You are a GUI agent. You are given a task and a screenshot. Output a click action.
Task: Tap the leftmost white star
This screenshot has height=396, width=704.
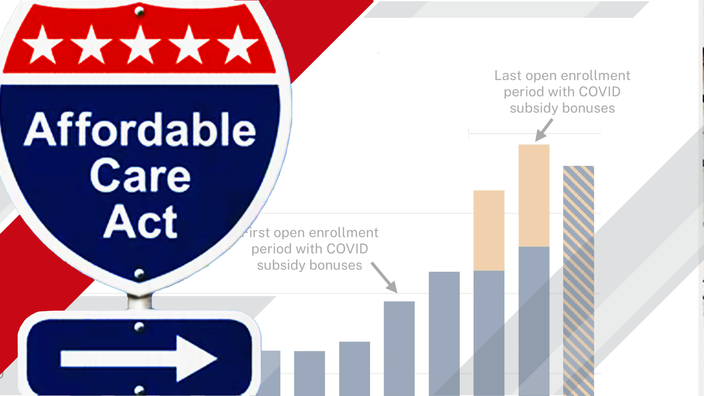click(x=43, y=46)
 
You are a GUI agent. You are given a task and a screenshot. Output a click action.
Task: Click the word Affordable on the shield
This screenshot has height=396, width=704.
click(x=140, y=129)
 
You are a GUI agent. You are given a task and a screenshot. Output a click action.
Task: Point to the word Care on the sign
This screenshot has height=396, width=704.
click(x=140, y=176)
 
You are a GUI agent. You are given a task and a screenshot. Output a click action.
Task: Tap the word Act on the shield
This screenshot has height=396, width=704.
click(x=140, y=222)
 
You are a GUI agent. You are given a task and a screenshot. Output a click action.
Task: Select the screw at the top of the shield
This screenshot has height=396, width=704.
click(x=139, y=12)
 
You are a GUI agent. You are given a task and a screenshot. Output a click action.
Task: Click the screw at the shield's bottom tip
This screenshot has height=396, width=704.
click(x=139, y=273)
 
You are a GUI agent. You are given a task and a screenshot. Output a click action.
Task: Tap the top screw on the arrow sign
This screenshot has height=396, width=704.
click(x=139, y=327)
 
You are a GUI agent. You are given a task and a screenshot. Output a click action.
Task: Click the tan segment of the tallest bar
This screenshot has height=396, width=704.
click(x=534, y=195)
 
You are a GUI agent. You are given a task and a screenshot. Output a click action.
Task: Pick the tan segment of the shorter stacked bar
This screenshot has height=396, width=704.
click(x=489, y=230)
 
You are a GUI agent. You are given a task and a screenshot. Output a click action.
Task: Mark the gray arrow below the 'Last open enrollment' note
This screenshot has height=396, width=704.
click(x=543, y=130)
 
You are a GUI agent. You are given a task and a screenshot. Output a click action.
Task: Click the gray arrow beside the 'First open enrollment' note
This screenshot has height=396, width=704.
click(x=384, y=278)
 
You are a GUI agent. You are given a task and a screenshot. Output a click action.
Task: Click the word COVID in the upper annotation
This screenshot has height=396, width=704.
click(x=599, y=92)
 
